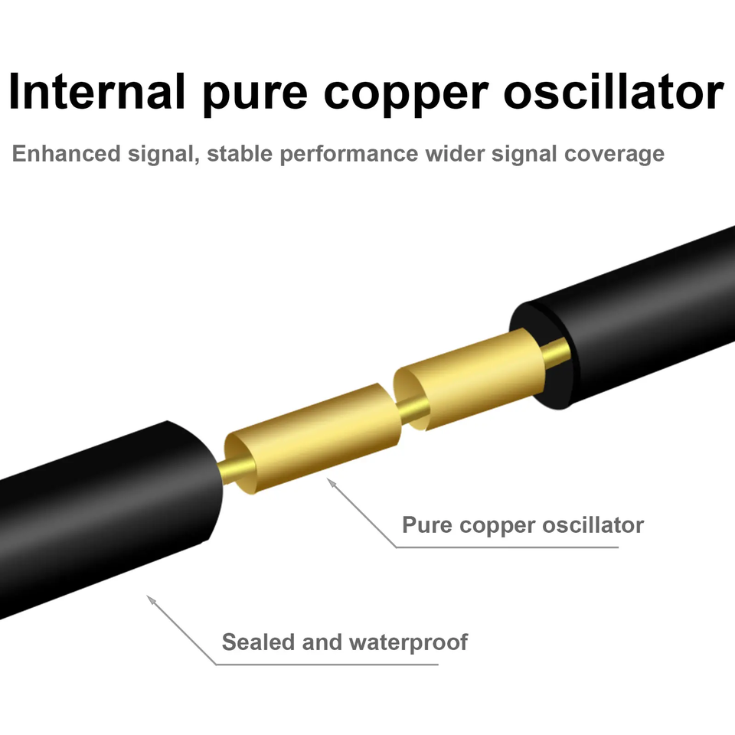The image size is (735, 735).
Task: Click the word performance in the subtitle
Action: pyautogui.click(x=351, y=154)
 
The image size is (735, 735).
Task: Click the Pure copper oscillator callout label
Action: pyautogui.click(x=523, y=526)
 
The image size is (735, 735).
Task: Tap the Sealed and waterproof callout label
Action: pyautogui.click(x=345, y=642)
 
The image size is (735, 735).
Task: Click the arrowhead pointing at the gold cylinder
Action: pyautogui.click(x=330, y=482)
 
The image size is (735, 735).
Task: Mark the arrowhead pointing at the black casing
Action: pyautogui.click(x=151, y=599)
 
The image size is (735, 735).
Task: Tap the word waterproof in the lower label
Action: pyautogui.click(x=408, y=642)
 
